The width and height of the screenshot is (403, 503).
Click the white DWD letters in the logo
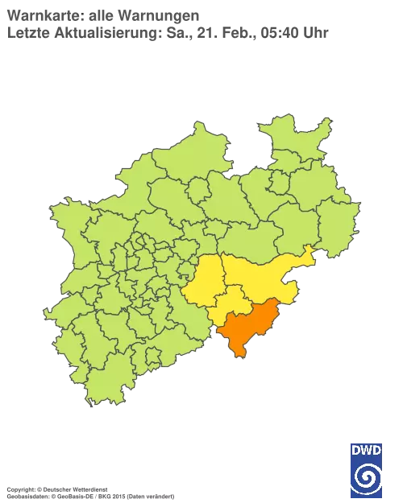[x=366, y=451]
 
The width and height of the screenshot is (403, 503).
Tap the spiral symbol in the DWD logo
[x=366, y=476]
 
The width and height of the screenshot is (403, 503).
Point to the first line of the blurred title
[x=105, y=14]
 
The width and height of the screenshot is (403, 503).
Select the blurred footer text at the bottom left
[x=89, y=489]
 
